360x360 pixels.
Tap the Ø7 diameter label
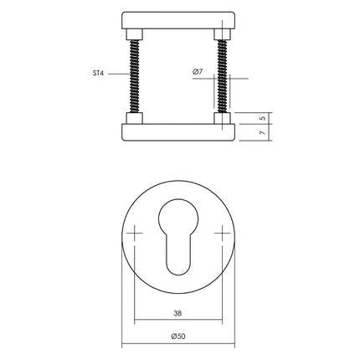198,73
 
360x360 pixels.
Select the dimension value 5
262,118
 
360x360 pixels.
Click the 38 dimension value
179,314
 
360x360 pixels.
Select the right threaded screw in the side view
222,76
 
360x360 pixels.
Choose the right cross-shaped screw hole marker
221,233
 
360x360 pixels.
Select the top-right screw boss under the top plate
222,34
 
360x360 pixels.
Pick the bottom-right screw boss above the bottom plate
222,119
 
